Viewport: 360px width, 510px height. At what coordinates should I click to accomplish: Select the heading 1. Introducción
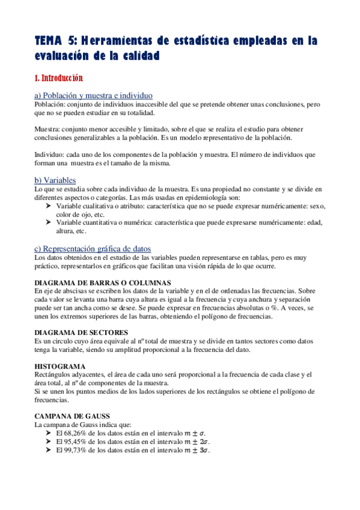pos(58,78)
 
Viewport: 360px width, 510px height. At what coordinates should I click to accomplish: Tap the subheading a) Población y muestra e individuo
pos(93,96)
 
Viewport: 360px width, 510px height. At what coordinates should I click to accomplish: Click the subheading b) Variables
pos(55,180)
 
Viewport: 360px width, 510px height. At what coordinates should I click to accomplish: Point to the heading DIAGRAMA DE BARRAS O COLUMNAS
pos(103,282)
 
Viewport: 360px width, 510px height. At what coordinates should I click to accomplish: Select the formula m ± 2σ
pos(197,441)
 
